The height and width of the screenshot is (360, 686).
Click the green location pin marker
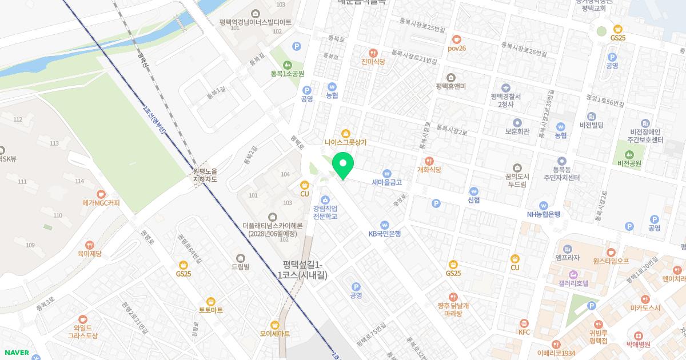[x=343, y=166]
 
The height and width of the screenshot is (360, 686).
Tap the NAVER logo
[x=17, y=353]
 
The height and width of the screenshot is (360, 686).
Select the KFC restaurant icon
[x=524, y=323]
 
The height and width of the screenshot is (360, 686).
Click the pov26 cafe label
[x=457, y=49]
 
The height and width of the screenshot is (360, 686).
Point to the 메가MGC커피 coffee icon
[x=101, y=194]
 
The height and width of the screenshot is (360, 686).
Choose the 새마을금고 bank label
[x=387, y=183]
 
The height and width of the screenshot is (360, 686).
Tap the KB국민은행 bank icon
[x=385, y=225]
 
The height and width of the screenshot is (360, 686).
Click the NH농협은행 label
[x=544, y=214]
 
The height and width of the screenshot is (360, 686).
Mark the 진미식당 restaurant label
[x=373, y=62]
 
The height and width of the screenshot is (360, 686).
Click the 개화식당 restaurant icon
[x=429, y=161]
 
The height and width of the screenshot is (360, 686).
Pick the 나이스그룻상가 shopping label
[x=345, y=142]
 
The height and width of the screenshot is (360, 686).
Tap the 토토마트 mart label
[x=211, y=310]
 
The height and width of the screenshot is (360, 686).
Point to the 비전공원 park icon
[x=629, y=154]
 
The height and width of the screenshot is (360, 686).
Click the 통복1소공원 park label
[x=288, y=74]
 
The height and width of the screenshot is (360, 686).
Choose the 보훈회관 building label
[x=517, y=131]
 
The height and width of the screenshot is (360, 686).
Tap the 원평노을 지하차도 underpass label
[x=206, y=175]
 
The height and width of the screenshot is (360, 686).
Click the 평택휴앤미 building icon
[x=451, y=78]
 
